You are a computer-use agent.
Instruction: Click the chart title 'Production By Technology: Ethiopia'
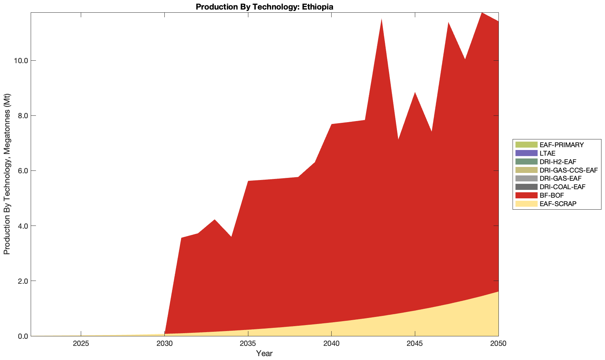pos(264,7)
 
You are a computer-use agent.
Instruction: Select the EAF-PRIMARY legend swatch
pos(526,145)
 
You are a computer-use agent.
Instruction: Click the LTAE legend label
pos(547,153)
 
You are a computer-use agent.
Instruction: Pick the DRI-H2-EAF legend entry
pos(558,162)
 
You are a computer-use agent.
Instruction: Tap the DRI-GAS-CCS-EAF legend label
pos(568,170)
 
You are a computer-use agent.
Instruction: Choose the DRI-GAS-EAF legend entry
pos(560,179)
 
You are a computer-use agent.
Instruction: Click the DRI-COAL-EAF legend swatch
pos(526,187)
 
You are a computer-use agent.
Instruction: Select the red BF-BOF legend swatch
pos(526,196)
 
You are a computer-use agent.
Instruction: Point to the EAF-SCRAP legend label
pos(558,204)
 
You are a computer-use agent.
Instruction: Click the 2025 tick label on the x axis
pos(81,344)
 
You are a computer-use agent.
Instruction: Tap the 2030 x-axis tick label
pos(164,344)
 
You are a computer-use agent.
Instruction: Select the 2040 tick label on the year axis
pos(331,344)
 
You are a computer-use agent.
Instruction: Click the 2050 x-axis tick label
pos(498,344)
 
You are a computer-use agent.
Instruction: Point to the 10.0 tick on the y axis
pos(20,61)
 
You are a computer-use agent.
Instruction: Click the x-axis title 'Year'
pos(264,353)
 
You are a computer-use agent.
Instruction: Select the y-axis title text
pos(7,174)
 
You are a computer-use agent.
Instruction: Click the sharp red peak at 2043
pos(381,21)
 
